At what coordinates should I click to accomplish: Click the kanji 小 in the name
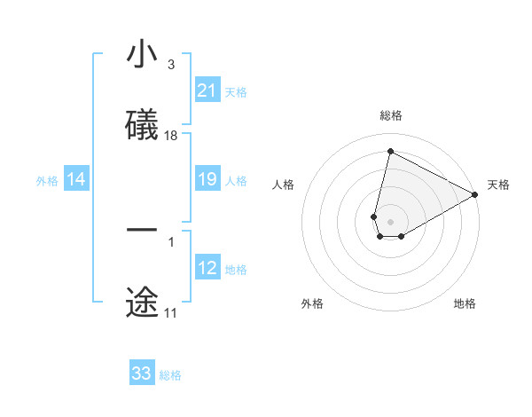(x=142, y=56)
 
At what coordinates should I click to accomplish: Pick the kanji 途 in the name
(x=142, y=303)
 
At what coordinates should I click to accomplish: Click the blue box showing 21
(x=207, y=90)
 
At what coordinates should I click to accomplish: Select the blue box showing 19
(x=207, y=180)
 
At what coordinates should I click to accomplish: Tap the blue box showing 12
(x=207, y=269)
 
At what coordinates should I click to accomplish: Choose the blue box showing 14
(x=75, y=180)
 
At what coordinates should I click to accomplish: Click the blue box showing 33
(x=142, y=374)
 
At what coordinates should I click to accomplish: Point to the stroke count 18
(x=171, y=136)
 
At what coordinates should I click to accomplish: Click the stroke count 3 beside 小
(x=171, y=65)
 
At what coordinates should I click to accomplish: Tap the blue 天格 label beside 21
(x=235, y=91)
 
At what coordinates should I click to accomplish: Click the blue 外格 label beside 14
(x=47, y=181)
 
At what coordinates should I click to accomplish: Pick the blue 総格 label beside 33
(x=170, y=374)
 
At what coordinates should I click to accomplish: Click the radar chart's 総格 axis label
(x=390, y=115)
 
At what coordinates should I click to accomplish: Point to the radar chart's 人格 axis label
(x=284, y=185)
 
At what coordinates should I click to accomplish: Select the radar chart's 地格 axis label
(x=465, y=303)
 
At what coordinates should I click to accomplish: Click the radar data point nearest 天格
(x=476, y=195)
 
